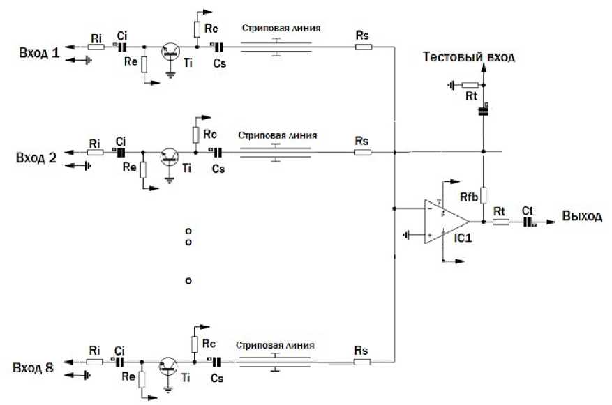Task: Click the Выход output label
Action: coord(581,216)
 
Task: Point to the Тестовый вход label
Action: coord(469,58)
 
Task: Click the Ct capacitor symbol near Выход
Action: coord(528,222)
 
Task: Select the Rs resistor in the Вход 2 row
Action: coord(363,152)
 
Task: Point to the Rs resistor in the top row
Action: coord(363,47)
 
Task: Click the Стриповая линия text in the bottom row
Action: coord(275,345)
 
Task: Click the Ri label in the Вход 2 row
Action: coord(95,143)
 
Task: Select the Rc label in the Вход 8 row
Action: coord(207,343)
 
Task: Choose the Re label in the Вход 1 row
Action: coord(128,63)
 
